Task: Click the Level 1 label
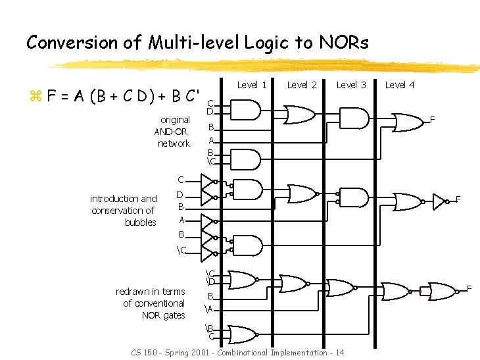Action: [252, 85]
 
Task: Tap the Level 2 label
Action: [302, 85]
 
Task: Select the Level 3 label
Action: [351, 85]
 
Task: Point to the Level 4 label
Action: [400, 85]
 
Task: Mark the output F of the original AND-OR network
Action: [433, 120]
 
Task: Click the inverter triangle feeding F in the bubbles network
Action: [439, 201]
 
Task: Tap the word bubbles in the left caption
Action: [141, 222]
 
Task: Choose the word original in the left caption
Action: [175, 120]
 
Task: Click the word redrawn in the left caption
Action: [132, 292]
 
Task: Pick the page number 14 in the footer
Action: [339, 353]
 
